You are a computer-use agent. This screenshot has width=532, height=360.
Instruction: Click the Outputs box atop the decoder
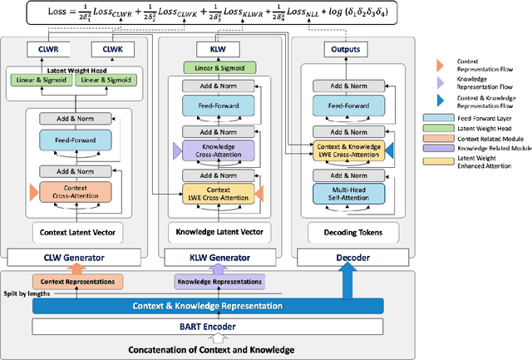pos(347,50)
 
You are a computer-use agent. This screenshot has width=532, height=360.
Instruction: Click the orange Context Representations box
pos(76,281)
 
